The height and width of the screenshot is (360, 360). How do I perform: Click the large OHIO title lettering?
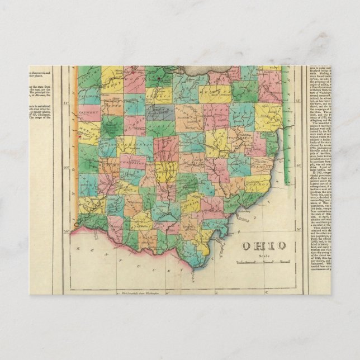[264, 246]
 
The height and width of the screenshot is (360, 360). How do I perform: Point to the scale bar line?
[263, 262]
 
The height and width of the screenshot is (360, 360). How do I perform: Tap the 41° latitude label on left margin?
[65, 103]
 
